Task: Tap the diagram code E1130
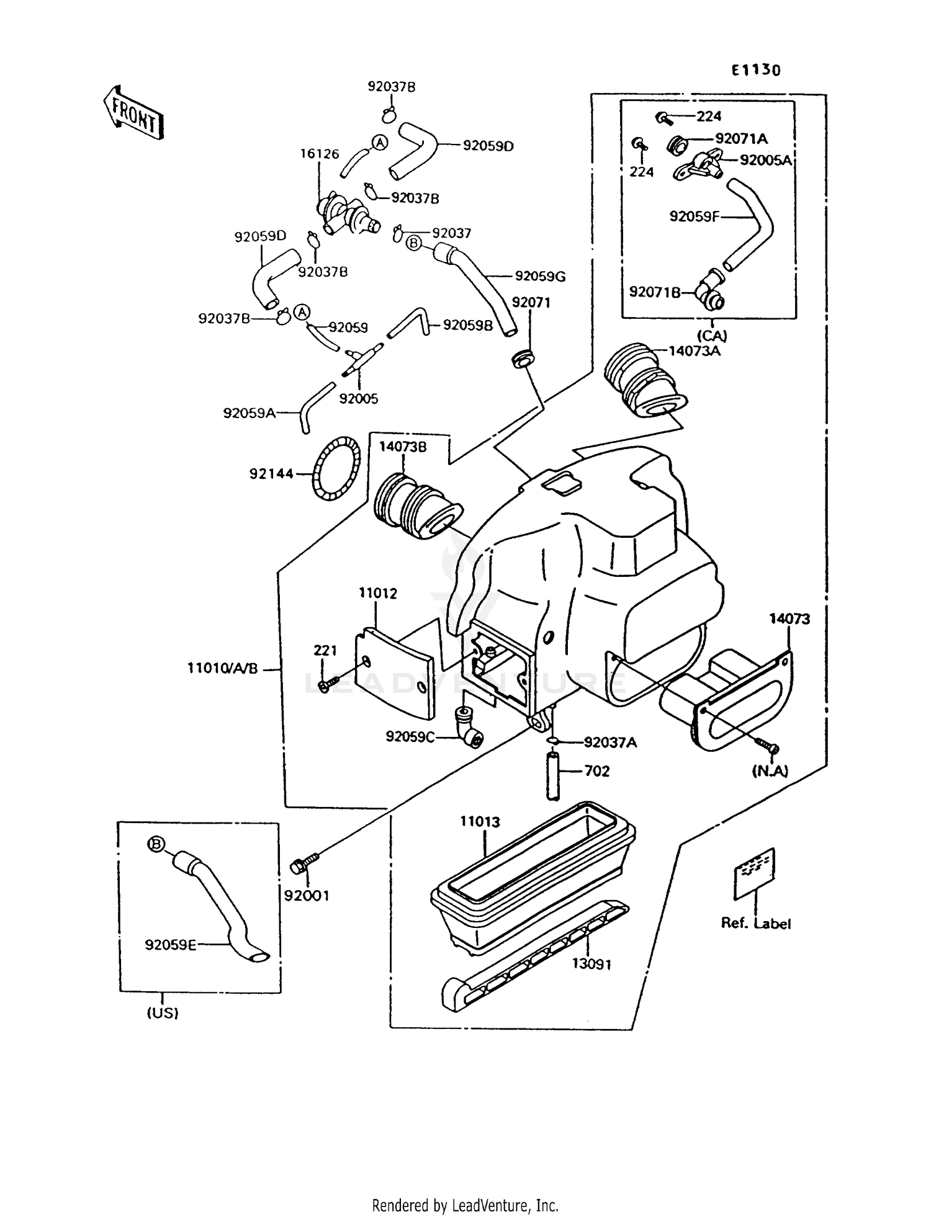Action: tap(755, 70)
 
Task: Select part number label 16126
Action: tap(320, 153)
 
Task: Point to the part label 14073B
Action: tap(403, 447)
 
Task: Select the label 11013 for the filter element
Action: tap(480, 822)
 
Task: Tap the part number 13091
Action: tap(591, 964)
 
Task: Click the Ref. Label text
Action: tap(755, 923)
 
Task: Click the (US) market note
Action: tap(163, 1013)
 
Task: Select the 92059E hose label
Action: tap(171, 945)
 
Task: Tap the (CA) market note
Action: tap(711, 336)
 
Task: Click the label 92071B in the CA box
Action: tap(655, 292)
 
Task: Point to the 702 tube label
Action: tap(596, 771)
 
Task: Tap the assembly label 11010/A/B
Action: tap(222, 669)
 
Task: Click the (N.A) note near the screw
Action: tap(770, 770)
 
